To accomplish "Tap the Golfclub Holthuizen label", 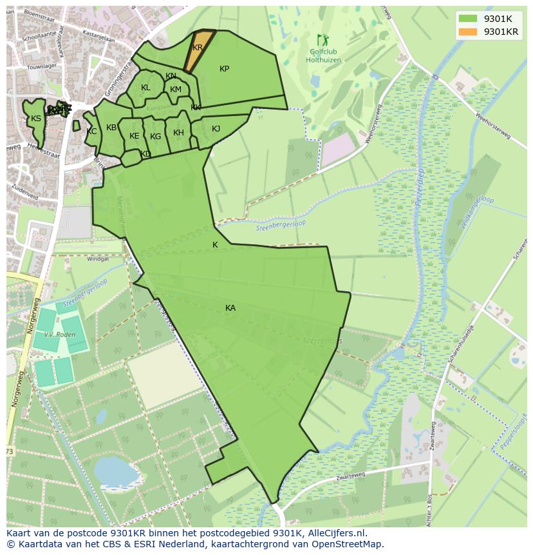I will (x=323, y=56).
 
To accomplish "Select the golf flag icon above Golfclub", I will (x=321, y=40).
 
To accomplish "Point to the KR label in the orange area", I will (x=198, y=48).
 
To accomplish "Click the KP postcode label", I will (x=224, y=69).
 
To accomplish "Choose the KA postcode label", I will (x=230, y=308).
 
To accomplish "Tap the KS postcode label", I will (x=36, y=119).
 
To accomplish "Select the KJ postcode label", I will (x=216, y=129).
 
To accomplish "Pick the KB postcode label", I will (x=111, y=128).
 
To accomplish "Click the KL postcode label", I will (x=145, y=88).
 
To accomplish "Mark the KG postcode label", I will (x=155, y=137).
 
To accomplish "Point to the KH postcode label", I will (x=178, y=133).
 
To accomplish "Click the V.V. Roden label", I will (x=57, y=335).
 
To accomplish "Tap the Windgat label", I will (x=98, y=258).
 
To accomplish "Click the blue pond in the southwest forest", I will (x=116, y=472).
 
